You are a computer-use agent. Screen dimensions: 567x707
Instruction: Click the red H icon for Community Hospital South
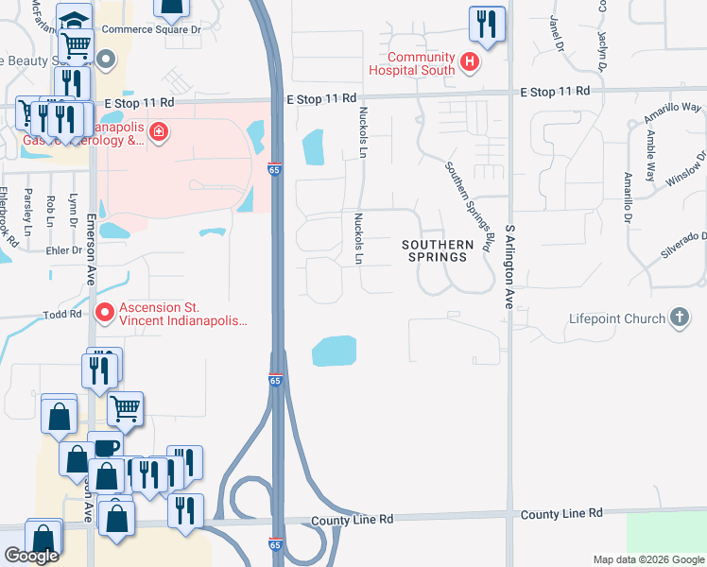tap(471, 64)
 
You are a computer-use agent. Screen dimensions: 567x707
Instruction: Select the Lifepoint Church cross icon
tap(680, 318)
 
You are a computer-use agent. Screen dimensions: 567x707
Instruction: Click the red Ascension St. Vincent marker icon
tap(105, 311)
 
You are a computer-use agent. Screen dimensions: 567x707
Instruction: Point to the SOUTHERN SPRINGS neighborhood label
tap(437, 250)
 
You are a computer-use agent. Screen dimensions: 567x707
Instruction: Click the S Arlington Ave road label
tap(508, 267)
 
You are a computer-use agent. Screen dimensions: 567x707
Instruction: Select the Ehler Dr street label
tap(64, 250)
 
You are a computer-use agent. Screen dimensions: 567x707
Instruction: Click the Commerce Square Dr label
tap(151, 29)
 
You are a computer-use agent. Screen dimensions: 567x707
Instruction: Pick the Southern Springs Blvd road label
tap(470, 206)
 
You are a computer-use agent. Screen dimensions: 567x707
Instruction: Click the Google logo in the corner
tap(31, 556)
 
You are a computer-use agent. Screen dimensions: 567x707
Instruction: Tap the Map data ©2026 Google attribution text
tap(648, 559)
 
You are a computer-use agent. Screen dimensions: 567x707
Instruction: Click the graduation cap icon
tap(73, 20)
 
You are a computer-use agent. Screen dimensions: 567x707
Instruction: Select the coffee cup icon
tap(106, 448)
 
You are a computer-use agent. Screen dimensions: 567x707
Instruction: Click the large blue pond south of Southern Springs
tap(335, 352)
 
